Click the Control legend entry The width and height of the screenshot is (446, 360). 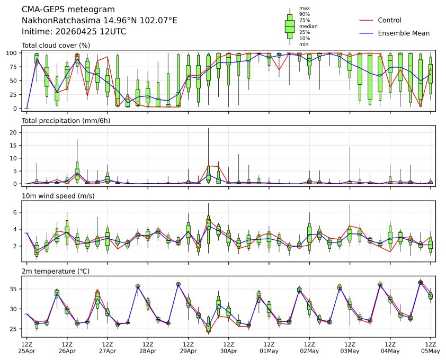coord(389,20)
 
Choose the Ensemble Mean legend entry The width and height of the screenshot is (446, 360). coord(403,33)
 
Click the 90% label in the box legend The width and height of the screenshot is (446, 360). coord(305,14)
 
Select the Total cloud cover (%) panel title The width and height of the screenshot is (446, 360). coord(56,45)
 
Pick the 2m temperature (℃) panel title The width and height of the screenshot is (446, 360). coord(58,272)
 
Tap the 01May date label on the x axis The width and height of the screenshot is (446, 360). coord(269,350)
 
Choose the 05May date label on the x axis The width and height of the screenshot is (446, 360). coord(431,350)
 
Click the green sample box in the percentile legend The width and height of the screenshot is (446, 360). coord(290,26)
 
